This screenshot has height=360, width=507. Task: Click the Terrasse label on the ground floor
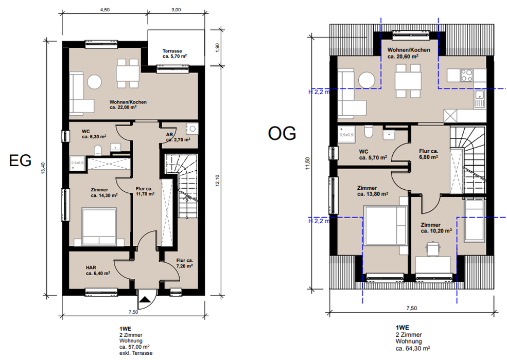[x=172, y=51]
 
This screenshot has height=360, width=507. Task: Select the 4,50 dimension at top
[x=105, y=10]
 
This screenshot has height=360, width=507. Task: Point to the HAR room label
[x=91, y=267]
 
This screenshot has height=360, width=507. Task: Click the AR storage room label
[x=169, y=134]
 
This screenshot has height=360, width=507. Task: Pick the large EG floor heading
[x=20, y=160]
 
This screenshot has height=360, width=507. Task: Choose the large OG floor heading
[x=282, y=133]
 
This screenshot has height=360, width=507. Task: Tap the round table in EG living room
[x=95, y=82]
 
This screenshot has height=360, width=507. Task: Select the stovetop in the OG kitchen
[x=466, y=75]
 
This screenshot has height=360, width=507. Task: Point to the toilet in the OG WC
[x=369, y=132]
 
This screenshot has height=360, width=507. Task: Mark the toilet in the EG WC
[x=98, y=150]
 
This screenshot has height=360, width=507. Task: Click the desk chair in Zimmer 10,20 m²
[x=433, y=249]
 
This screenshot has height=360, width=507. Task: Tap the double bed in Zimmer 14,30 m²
[x=99, y=226]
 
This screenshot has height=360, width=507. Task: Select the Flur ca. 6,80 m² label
[x=428, y=154]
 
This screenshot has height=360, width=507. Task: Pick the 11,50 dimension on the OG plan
[x=307, y=163]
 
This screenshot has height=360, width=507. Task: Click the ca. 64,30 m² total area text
[x=413, y=348]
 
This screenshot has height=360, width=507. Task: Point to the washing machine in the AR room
[x=193, y=129]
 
